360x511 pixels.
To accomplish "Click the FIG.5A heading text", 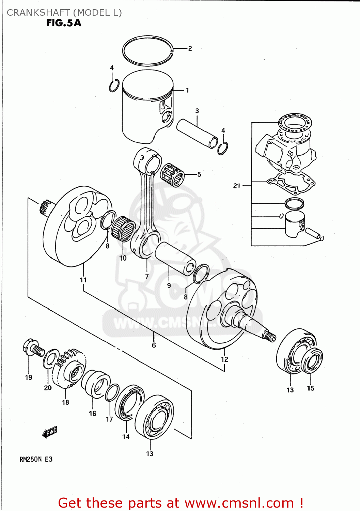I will tap(64, 23).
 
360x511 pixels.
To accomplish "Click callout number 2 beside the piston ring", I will tap(190, 48).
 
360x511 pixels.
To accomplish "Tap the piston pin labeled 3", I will tap(197, 133).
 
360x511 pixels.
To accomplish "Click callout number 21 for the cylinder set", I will tap(237, 186).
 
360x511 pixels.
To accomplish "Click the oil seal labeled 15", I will tap(312, 361).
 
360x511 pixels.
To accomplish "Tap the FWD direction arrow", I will tap(50, 432).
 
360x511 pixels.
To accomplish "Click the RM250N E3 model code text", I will tap(36, 459).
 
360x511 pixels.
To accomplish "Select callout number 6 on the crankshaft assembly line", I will tap(154, 345).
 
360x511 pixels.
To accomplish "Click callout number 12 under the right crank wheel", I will tap(224, 359).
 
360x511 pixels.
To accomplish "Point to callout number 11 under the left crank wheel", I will tap(83, 280).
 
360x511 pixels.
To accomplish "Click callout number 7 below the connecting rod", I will tap(147, 276).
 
